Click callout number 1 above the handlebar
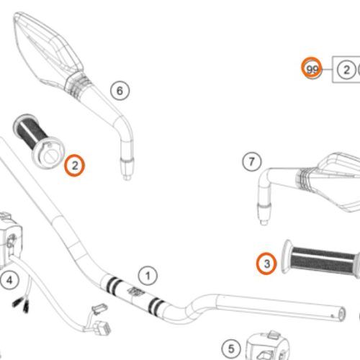(147, 275)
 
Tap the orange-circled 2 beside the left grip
(74, 166)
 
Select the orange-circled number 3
(266, 264)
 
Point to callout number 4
(9, 279)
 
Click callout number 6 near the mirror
(120, 90)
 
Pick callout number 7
(251, 161)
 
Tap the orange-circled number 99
(311, 69)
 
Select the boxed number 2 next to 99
(346, 70)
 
